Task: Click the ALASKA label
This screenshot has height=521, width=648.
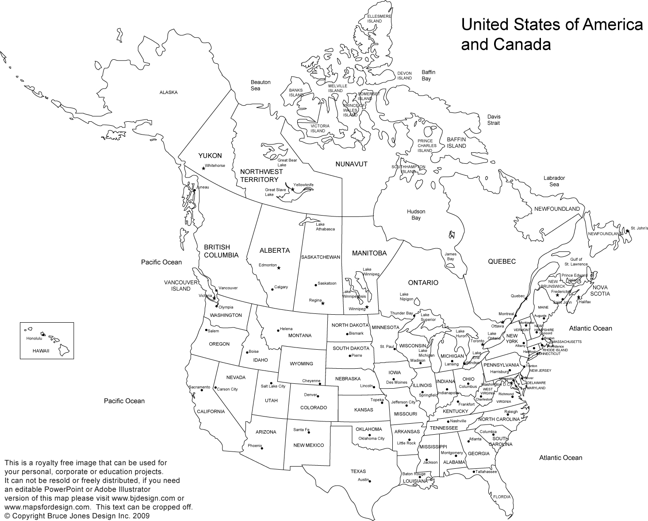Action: point(169,93)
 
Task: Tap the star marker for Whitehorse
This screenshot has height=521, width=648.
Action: point(203,168)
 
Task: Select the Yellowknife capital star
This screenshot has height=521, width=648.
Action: point(292,189)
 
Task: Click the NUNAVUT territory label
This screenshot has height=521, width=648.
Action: point(351,164)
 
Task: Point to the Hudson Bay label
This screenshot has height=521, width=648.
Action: point(416,215)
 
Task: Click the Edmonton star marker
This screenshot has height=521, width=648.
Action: point(279,268)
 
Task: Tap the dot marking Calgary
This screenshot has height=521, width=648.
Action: point(272,289)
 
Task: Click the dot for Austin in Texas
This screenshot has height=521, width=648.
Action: point(370,481)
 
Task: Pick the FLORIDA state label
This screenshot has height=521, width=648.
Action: point(502,497)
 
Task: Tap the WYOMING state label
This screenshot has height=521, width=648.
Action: point(301,364)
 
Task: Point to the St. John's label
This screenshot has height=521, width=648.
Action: point(639,228)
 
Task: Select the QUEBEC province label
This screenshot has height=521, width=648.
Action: point(502,262)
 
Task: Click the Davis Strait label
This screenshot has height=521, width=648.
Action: point(494,120)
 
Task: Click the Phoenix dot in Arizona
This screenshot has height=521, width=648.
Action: point(263,448)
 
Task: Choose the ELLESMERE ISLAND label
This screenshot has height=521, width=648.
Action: point(379,19)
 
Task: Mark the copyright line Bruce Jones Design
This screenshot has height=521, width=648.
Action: point(77,516)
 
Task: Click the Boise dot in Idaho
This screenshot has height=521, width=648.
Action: point(246,353)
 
